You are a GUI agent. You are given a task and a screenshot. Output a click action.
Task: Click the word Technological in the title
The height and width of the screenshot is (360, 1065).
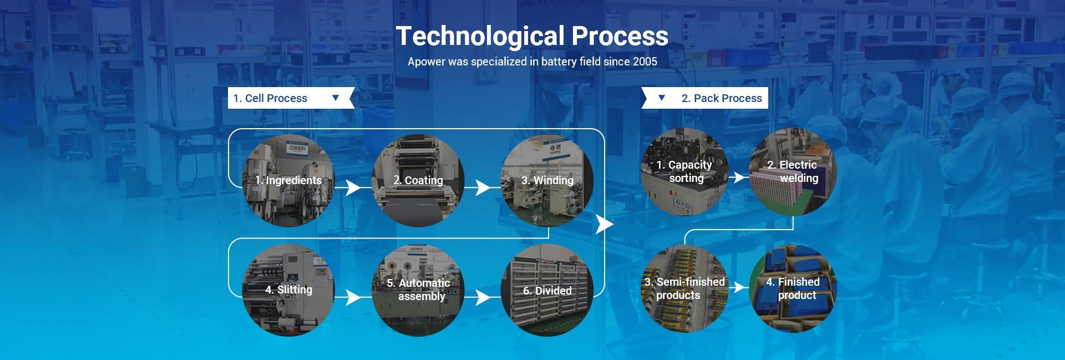[x=480, y=36]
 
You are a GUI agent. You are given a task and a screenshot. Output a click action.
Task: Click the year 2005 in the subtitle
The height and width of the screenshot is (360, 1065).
[x=645, y=62]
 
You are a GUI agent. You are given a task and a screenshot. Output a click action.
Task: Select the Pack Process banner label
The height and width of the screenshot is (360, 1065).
[x=722, y=98]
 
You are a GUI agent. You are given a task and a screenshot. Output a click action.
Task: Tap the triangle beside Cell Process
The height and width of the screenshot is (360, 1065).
[x=335, y=98]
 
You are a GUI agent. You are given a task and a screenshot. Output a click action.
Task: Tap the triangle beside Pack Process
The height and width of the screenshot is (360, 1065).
[x=661, y=98]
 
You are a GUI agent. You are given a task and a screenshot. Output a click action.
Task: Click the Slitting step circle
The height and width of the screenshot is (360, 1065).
[x=288, y=290]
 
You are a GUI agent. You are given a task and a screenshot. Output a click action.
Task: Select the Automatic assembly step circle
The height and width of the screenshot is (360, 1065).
[x=418, y=290]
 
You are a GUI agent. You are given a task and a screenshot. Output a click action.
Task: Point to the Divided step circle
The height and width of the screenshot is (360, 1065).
[x=547, y=290]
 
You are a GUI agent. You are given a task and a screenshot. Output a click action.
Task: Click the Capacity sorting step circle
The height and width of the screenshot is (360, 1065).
[x=684, y=171]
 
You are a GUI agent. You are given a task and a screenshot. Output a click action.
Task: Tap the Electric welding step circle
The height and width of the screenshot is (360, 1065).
[x=793, y=171]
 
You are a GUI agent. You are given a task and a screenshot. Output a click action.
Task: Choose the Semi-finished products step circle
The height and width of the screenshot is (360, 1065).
[x=684, y=288]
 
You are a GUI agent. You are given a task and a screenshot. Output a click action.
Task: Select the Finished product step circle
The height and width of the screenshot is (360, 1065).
[x=793, y=288]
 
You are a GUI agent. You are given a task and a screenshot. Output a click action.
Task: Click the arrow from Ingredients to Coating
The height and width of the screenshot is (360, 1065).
[x=353, y=188]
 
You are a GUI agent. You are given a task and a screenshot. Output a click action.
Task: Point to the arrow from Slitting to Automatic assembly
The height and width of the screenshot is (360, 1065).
[x=353, y=297]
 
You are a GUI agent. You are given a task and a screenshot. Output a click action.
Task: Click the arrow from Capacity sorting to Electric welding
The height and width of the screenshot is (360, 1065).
[x=738, y=177]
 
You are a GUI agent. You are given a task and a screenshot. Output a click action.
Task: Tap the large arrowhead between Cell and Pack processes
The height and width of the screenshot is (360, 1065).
[x=604, y=224]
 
